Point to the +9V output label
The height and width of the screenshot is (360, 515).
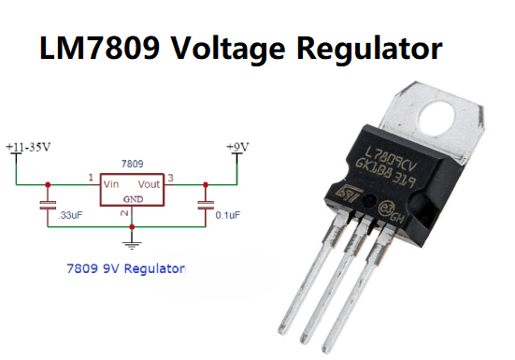237,148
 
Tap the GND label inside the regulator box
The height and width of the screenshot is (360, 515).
133,198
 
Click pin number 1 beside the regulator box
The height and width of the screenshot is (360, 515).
91,177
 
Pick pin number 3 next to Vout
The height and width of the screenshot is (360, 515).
172,177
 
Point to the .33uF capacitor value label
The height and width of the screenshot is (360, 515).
71,215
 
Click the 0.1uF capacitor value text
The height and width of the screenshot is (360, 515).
228,215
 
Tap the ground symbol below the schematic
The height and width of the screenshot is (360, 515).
133,244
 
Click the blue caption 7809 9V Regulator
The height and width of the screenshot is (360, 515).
125,268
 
